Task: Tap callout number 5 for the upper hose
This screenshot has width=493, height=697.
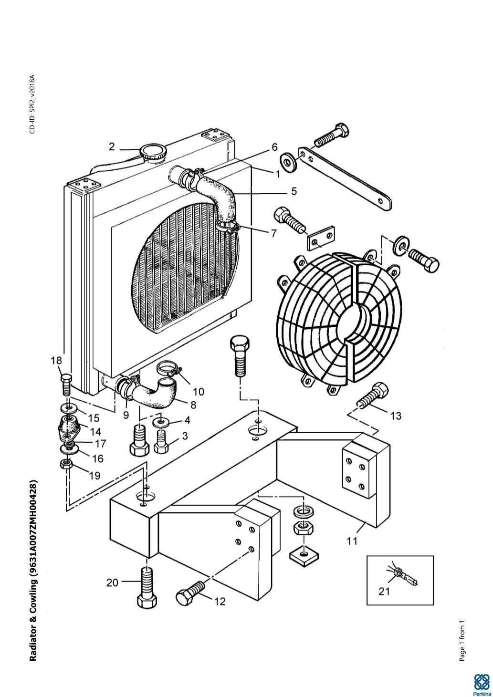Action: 294,191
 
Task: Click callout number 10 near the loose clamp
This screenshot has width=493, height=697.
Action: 199,392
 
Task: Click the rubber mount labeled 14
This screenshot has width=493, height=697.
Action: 69,427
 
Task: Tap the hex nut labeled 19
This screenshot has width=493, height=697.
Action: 66,465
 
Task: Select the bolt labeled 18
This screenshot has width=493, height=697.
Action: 66,385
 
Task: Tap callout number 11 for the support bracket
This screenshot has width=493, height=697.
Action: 352,541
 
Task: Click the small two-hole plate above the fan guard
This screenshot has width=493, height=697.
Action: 320,237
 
